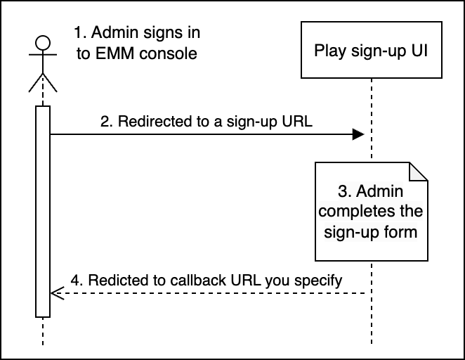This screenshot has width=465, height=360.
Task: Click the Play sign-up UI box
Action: coord(370,51)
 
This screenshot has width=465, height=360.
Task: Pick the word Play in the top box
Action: coord(328,51)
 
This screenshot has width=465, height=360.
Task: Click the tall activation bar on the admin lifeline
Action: coord(42,211)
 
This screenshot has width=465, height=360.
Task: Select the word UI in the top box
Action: coord(419,51)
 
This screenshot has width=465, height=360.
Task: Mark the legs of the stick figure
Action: coord(42,83)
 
